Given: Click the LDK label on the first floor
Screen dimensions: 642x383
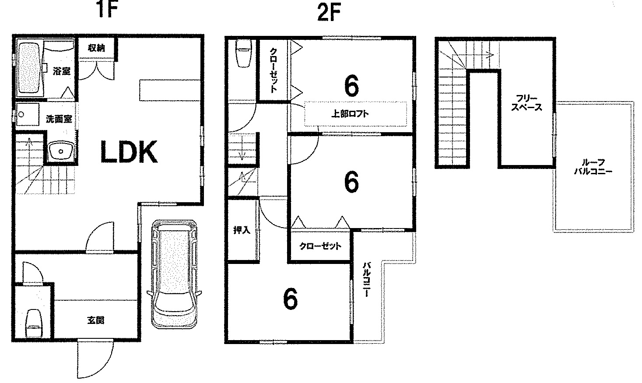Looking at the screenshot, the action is pyautogui.click(x=129, y=151).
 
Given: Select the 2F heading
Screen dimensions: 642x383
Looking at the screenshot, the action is pyautogui.click(x=329, y=13).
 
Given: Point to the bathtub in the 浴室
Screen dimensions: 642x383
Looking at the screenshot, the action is pyautogui.click(x=29, y=68).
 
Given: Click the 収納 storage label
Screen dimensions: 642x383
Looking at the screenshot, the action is pyautogui.click(x=96, y=48).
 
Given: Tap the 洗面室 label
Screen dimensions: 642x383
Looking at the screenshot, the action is pyautogui.click(x=59, y=119).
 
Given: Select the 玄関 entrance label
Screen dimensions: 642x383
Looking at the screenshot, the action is pyautogui.click(x=96, y=320).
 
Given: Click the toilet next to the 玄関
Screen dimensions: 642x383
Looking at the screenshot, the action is pyautogui.click(x=34, y=323).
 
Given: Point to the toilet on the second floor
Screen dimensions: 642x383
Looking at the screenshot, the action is pyautogui.click(x=244, y=53).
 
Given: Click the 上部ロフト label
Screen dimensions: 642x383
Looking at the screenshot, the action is pyautogui.click(x=350, y=114).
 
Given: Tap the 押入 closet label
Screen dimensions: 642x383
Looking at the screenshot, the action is pyautogui.click(x=242, y=230).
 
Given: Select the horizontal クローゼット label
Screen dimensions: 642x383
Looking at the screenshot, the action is pyautogui.click(x=320, y=246).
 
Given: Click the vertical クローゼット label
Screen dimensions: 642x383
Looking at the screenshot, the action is pyautogui.click(x=274, y=70).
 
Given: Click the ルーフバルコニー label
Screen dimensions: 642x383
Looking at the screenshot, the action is pyautogui.click(x=593, y=167).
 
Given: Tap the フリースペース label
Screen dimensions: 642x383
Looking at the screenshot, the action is pyautogui.click(x=526, y=103).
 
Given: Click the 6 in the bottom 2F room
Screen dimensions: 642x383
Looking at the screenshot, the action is pyautogui.click(x=290, y=299).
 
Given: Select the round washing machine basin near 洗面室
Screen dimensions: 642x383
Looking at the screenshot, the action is pyautogui.click(x=61, y=151).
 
